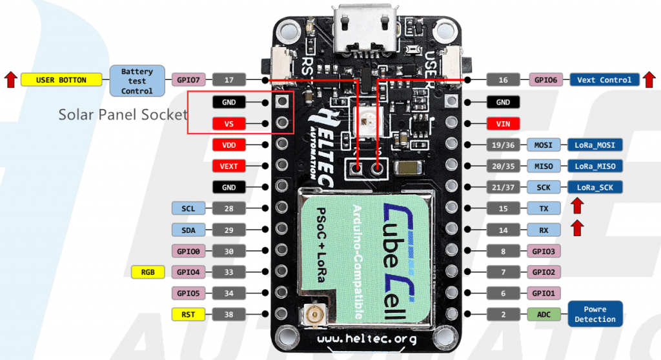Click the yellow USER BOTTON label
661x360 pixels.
coord(62,80)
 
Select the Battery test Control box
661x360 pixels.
coord(137,81)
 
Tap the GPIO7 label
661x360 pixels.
coord(190,80)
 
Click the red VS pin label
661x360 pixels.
coord(229,123)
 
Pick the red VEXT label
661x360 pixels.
coord(229,166)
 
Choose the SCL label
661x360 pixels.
coord(188,208)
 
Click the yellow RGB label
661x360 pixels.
coord(147,272)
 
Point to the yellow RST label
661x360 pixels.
coord(188,315)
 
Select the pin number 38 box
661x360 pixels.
coord(229,315)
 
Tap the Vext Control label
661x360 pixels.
coord(604,80)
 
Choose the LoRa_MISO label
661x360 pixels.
coord(595,166)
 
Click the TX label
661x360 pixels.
coord(543,209)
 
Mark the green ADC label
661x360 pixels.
coord(543,315)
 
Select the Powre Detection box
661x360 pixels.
coord(595,314)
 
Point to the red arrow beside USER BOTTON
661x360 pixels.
coord(10,80)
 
